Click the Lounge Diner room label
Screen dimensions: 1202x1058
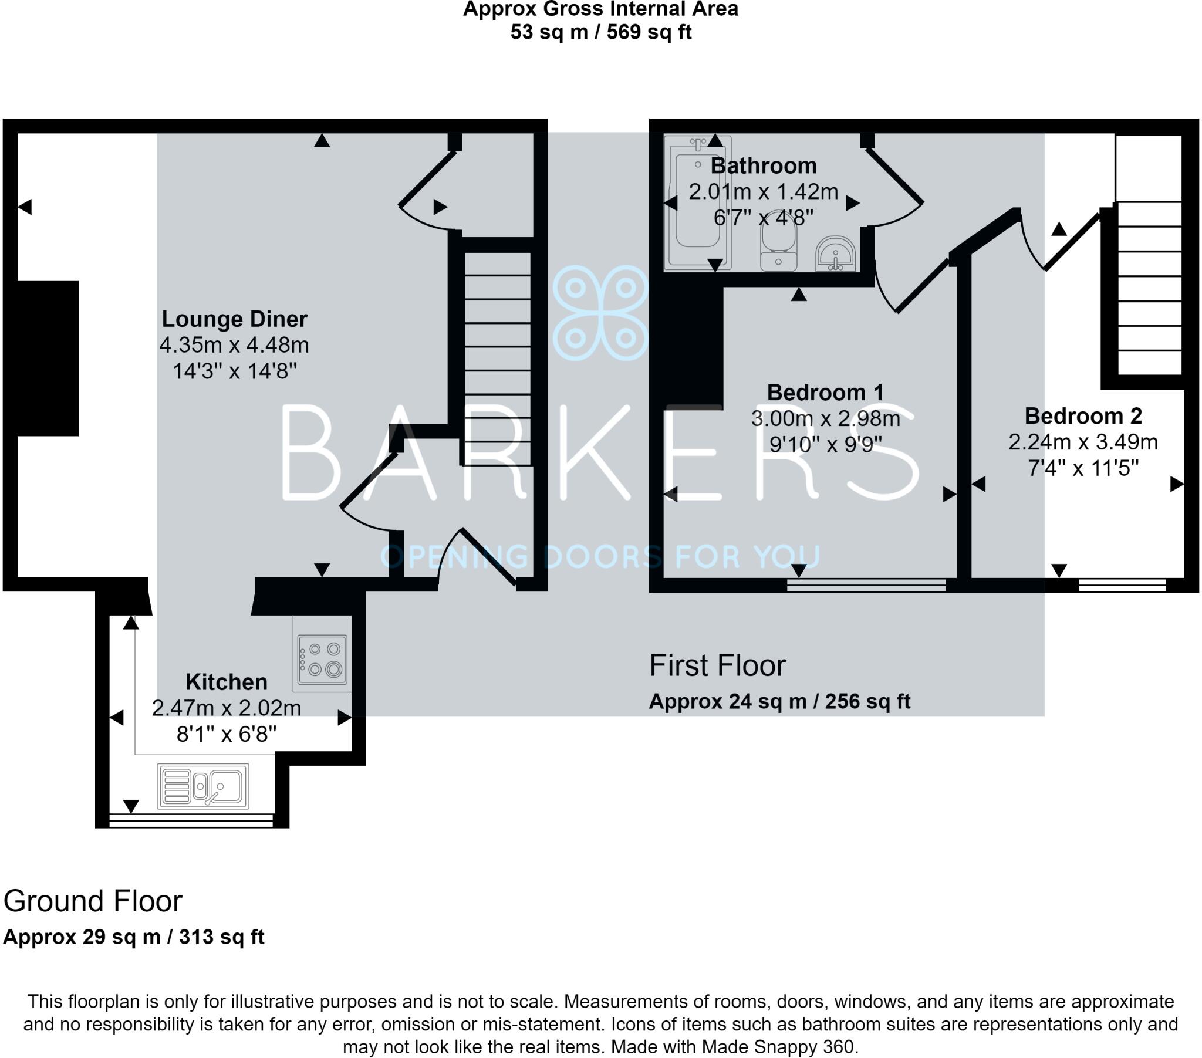click(235, 319)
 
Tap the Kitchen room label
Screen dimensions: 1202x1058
click(227, 682)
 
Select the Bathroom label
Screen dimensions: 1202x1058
click(764, 166)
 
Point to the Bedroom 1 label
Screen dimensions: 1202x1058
click(825, 392)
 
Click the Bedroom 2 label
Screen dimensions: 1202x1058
click(1083, 416)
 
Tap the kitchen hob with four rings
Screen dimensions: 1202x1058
click(322, 659)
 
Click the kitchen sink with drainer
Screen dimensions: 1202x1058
click(203, 786)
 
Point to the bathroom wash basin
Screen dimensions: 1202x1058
click(836, 254)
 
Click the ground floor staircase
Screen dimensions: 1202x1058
click(498, 359)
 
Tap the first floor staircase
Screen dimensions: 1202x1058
click(1149, 255)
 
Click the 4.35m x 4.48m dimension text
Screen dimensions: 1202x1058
click(234, 345)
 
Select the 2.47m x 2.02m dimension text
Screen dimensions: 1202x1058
click(227, 708)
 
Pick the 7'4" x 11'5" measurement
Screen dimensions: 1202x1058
click(1083, 468)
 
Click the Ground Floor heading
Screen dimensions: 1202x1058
click(93, 901)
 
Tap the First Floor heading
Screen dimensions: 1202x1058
click(717, 666)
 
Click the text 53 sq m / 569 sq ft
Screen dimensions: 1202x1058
click(600, 32)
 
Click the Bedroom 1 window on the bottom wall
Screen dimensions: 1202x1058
click(866, 584)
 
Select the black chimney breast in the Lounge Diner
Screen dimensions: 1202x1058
click(48, 359)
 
